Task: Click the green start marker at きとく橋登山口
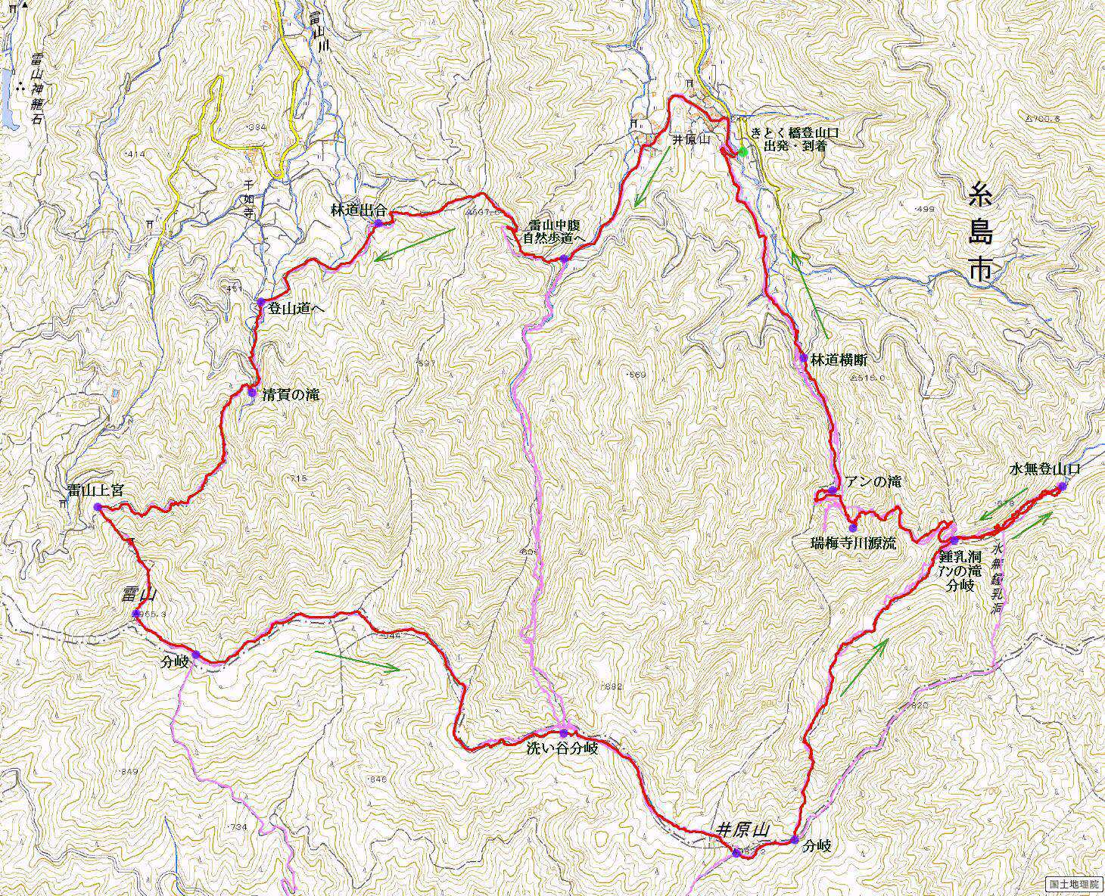pyautogui.click(x=743, y=151)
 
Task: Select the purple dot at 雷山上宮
pyautogui.click(x=97, y=506)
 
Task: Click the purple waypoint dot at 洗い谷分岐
pyautogui.click(x=564, y=733)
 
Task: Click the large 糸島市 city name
pyautogui.click(x=980, y=235)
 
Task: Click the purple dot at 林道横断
pyautogui.click(x=802, y=358)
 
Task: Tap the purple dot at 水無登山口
pyautogui.click(x=1061, y=487)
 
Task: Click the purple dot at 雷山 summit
pyautogui.click(x=135, y=614)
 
